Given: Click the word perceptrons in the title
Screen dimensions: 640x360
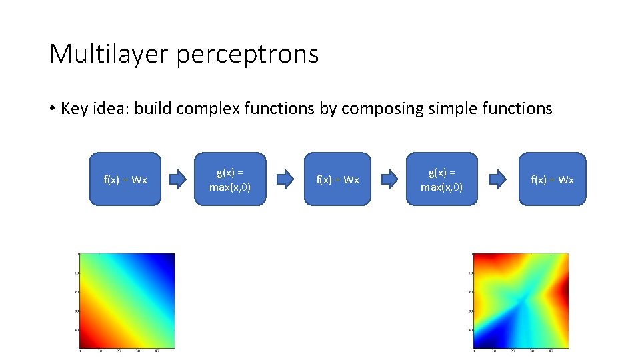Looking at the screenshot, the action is (247, 55).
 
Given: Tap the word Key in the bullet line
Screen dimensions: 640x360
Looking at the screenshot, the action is (75, 108).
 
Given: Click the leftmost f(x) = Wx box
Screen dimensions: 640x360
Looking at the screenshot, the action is (125, 179).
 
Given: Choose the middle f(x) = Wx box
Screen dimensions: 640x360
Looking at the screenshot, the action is (337, 179).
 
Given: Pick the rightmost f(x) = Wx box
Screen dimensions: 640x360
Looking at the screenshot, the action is (552, 179).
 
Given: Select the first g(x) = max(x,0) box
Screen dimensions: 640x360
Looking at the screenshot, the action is (230, 179).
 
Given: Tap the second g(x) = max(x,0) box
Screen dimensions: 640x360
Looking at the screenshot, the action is (441, 179).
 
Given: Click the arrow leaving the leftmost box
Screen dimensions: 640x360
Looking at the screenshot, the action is (178, 179).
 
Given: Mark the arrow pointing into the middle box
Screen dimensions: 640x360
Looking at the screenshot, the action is (285, 179).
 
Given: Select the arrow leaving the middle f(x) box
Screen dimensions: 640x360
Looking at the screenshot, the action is (389, 179).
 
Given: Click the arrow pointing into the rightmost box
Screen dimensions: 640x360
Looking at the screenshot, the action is (498, 179).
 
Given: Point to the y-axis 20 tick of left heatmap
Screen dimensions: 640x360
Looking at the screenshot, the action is (77, 291).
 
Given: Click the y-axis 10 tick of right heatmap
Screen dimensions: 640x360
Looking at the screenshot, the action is (470, 273).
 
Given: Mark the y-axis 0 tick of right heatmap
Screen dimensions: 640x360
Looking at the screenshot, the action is (471, 254).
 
